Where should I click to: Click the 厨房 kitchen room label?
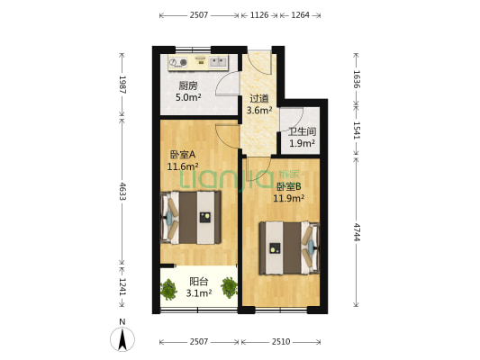[x=186, y=86]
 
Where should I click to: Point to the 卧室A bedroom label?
[x=181, y=154]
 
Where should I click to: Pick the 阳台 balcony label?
[x=199, y=281]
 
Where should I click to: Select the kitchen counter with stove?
[x=198, y=62]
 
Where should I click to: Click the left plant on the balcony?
[x=168, y=289]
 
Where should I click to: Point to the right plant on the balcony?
[x=230, y=287]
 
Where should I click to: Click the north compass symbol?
[x=122, y=338]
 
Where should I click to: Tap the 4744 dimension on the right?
[x=357, y=231]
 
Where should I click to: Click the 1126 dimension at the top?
[x=258, y=14]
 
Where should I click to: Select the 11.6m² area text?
[x=183, y=166]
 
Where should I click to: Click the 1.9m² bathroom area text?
[x=302, y=143]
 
